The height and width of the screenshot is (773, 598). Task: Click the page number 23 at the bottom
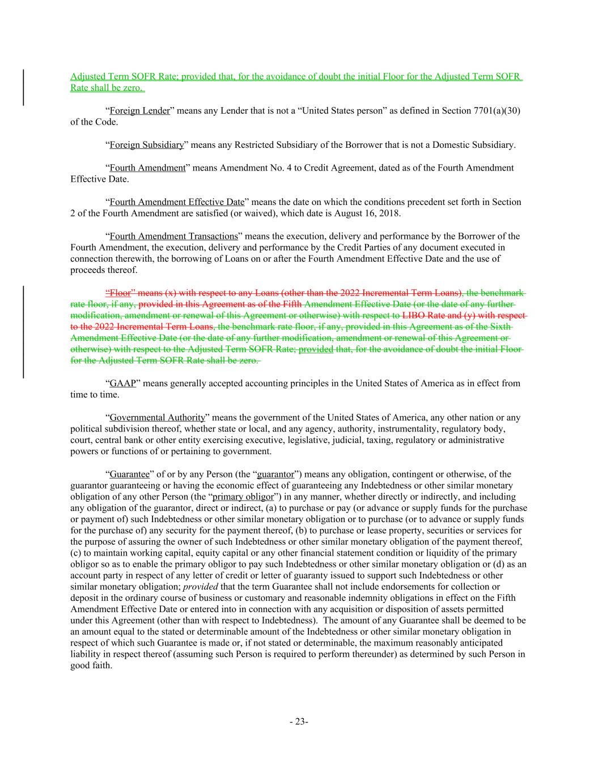point(299,721)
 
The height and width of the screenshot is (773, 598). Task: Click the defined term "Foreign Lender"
point(139,111)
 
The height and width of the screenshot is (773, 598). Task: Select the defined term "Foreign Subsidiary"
point(146,145)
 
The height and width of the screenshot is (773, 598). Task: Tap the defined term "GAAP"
point(123,383)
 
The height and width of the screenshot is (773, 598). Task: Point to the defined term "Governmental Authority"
point(157,418)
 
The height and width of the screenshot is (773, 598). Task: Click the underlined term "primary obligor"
point(243,497)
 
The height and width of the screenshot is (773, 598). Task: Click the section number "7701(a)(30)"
point(495,111)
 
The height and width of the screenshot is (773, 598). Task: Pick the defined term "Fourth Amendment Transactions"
point(173,236)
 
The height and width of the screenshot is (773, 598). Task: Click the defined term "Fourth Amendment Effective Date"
point(177,202)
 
